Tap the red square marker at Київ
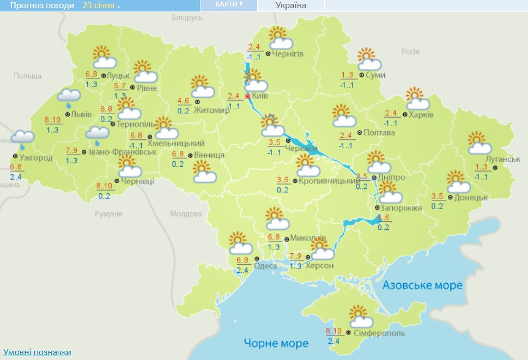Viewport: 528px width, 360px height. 248,96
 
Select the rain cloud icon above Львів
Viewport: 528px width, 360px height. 69,97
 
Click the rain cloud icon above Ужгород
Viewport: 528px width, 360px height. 23,138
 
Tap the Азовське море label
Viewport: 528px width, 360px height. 422,285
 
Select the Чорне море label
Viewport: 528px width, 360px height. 276,343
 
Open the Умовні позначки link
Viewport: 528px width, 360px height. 37,352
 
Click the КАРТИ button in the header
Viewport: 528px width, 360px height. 228,5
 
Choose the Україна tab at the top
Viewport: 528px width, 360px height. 291,5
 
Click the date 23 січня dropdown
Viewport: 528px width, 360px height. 101,5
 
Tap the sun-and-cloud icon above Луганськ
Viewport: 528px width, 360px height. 479,143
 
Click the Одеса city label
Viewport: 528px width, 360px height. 266,266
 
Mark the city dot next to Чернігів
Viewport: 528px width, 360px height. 268,53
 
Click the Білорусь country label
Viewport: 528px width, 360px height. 187,18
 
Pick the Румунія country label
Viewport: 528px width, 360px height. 108,213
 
